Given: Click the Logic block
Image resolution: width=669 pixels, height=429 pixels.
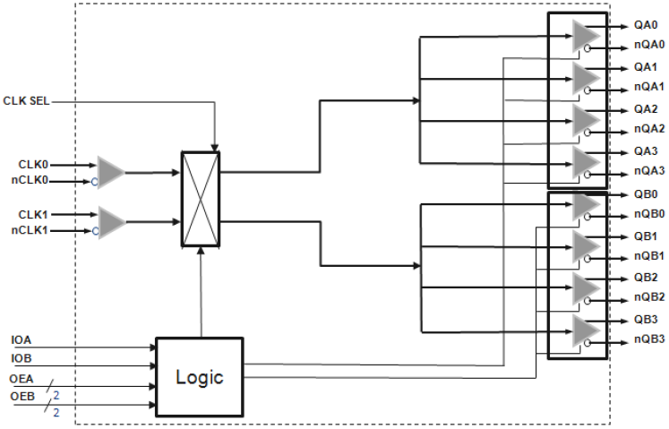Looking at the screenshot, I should [199, 376].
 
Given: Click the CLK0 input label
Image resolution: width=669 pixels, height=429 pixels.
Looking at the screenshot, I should [35, 164].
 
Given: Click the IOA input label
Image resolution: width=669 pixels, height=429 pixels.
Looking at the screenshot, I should [22, 341].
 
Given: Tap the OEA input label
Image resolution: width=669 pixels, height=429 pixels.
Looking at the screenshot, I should [22, 379].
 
